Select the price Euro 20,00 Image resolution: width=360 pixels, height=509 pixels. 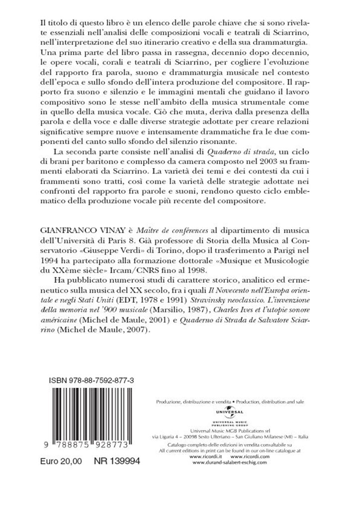point(62,462)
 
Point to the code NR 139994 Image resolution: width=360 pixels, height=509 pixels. point(117,462)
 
